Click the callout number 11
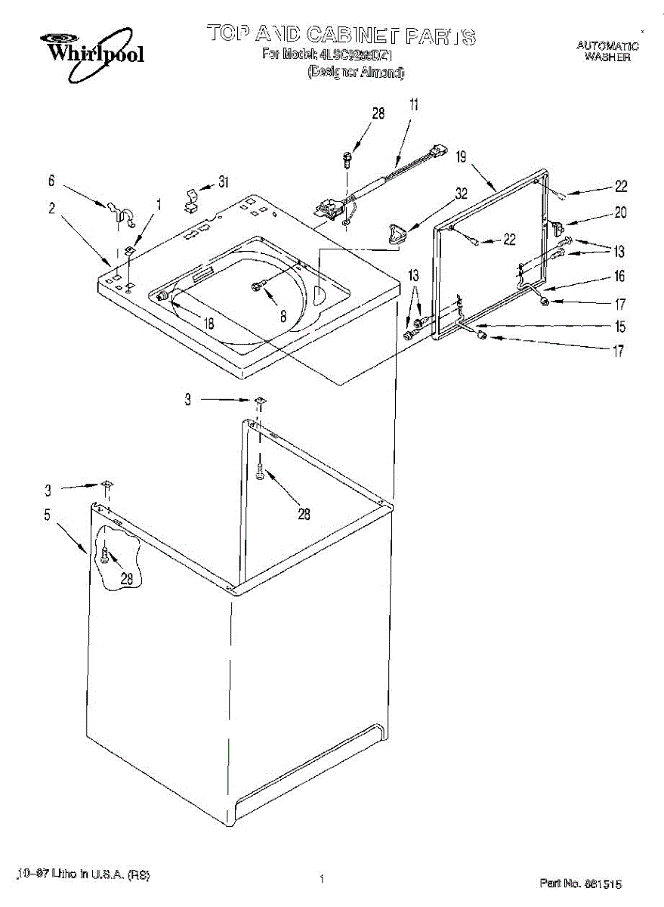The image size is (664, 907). (413, 105)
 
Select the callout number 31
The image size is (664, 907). (223, 182)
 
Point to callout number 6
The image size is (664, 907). (51, 181)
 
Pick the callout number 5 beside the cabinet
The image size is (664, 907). (47, 515)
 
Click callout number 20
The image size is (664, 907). (620, 212)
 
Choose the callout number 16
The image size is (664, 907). (619, 277)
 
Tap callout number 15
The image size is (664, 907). (619, 327)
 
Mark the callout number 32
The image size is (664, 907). (462, 193)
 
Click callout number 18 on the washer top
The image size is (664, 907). (208, 324)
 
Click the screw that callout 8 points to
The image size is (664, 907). (258, 286)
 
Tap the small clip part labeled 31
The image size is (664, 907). (192, 199)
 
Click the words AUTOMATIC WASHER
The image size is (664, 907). (607, 51)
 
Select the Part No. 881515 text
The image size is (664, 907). (581, 883)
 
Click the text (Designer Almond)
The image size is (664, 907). (355, 73)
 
